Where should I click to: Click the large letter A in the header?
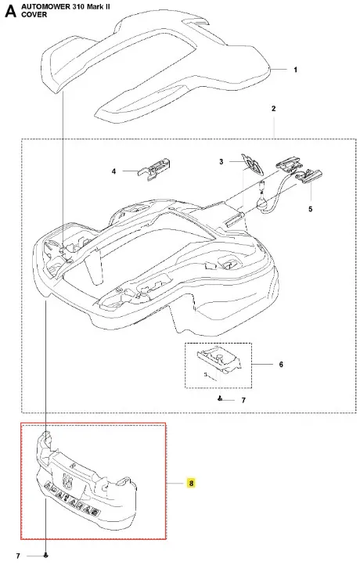point(10,11)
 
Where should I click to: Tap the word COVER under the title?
point(34,14)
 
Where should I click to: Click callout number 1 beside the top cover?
point(296,70)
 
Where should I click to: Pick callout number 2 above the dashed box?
point(273,109)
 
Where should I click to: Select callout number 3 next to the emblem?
point(221,162)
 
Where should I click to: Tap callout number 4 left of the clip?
point(114,171)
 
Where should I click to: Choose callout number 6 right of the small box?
point(281,365)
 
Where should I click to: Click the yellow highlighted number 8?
point(191,483)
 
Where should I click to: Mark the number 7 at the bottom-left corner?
point(18,556)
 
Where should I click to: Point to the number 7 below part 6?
point(243,401)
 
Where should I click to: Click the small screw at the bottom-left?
point(45,556)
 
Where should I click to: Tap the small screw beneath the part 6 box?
point(220,398)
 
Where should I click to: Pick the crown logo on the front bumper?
point(67,479)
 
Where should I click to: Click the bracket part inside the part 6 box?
point(218,361)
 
